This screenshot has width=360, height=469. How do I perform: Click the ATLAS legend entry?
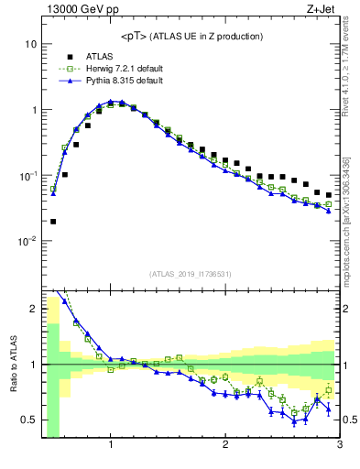pyautogui.click(x=99, y=56)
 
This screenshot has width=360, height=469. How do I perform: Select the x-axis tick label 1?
pyautogui.click(x=111, y=446)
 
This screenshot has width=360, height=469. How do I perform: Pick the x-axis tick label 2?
pyautogui.click(x=225, y=446)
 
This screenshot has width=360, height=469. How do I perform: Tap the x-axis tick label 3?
pyautogui.click(x=339, y=446)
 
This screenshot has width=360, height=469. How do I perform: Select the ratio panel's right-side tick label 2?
pyautogui.click(x=349, y=309)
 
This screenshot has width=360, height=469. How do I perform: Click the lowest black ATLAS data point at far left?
pyautogui.click(x=53, y=221)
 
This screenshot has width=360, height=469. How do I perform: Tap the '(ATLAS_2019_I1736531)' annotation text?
pyautogui.click(x=191, y=274)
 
